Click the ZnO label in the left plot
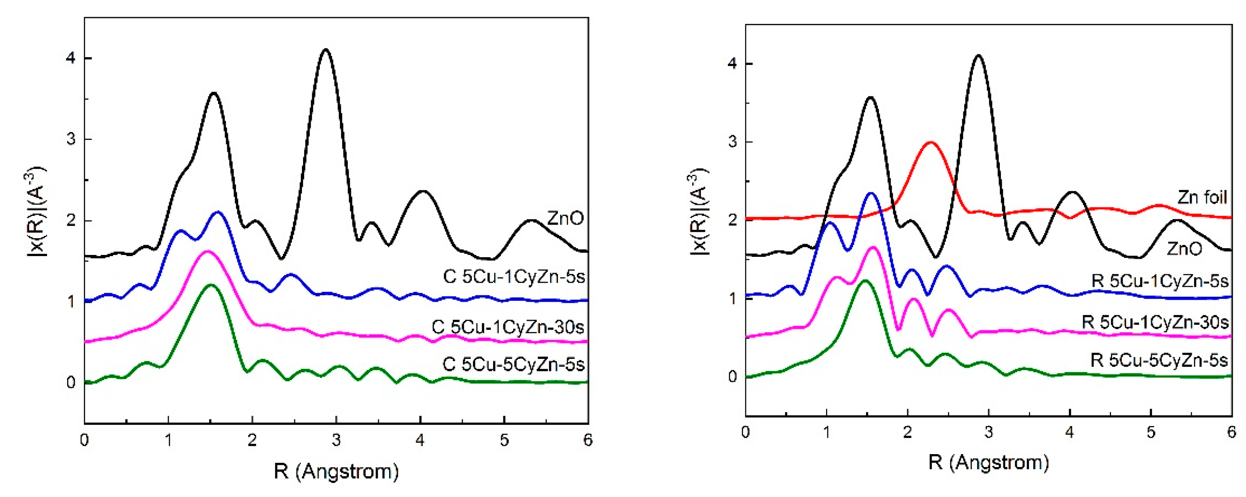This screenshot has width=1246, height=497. tap(565, 219)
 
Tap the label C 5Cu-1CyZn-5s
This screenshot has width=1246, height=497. tap(514, 277)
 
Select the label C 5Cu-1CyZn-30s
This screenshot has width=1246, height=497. tap(508, 327)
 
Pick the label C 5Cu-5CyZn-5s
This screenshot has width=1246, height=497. tap(514, 364)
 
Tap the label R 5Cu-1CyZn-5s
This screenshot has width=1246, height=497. tap(1160, 282)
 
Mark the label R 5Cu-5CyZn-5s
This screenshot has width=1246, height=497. tap(1159, 360)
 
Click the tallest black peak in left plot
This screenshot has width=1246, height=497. tap(325, 49)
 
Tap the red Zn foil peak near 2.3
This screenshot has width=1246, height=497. tap(930, 142)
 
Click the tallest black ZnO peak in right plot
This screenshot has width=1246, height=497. tap(979, 69)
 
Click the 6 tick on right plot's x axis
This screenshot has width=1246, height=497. tap(1232, 432)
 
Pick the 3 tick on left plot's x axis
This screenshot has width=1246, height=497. tap(336, 440)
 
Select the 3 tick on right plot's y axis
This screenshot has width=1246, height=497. tap(732, 142)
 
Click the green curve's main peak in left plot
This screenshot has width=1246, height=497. tap(211, 285)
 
